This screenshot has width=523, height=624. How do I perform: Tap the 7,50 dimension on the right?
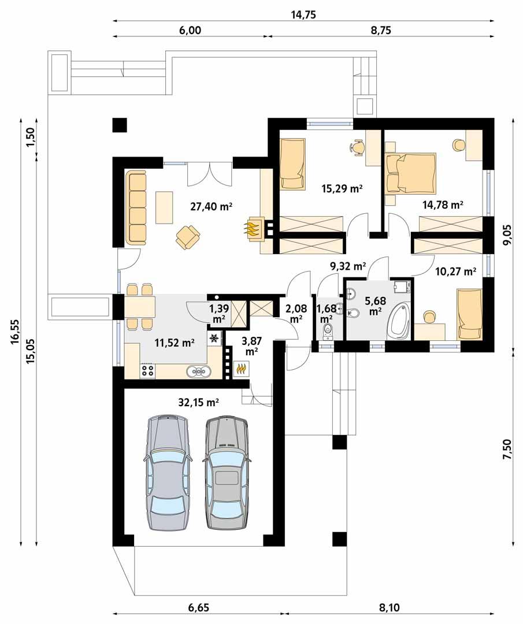507,448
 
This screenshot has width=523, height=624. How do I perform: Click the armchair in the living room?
188,235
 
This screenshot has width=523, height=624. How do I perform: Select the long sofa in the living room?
137,206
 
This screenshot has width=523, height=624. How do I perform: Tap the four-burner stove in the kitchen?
147,370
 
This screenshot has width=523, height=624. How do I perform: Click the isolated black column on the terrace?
120,124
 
